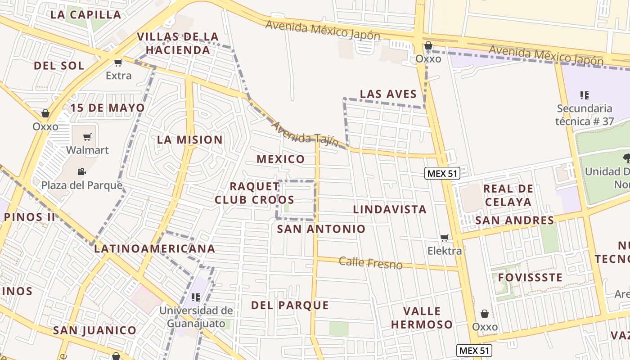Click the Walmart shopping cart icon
[87, 137]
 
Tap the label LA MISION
[189, 140]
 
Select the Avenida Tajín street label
[305, 134]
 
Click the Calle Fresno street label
[370, 263]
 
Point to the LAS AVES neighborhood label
[388, 94]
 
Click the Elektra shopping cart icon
[445, 238]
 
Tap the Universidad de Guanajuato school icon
[196, 297]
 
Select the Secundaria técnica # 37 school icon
[585, 95]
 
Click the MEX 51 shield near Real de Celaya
[443, 173]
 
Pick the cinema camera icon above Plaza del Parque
[81, 171]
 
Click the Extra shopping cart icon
[118, 63]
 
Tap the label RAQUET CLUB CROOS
[254, 193]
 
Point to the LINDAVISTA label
[390, 209]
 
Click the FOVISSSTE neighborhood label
[530, 277]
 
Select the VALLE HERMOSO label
[422, 318]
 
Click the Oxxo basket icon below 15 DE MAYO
[45, 113]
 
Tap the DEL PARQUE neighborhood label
[290, 305]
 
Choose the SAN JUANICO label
[94, 330]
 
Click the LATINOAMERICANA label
[154, 248]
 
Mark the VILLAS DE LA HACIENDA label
[178, 43]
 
